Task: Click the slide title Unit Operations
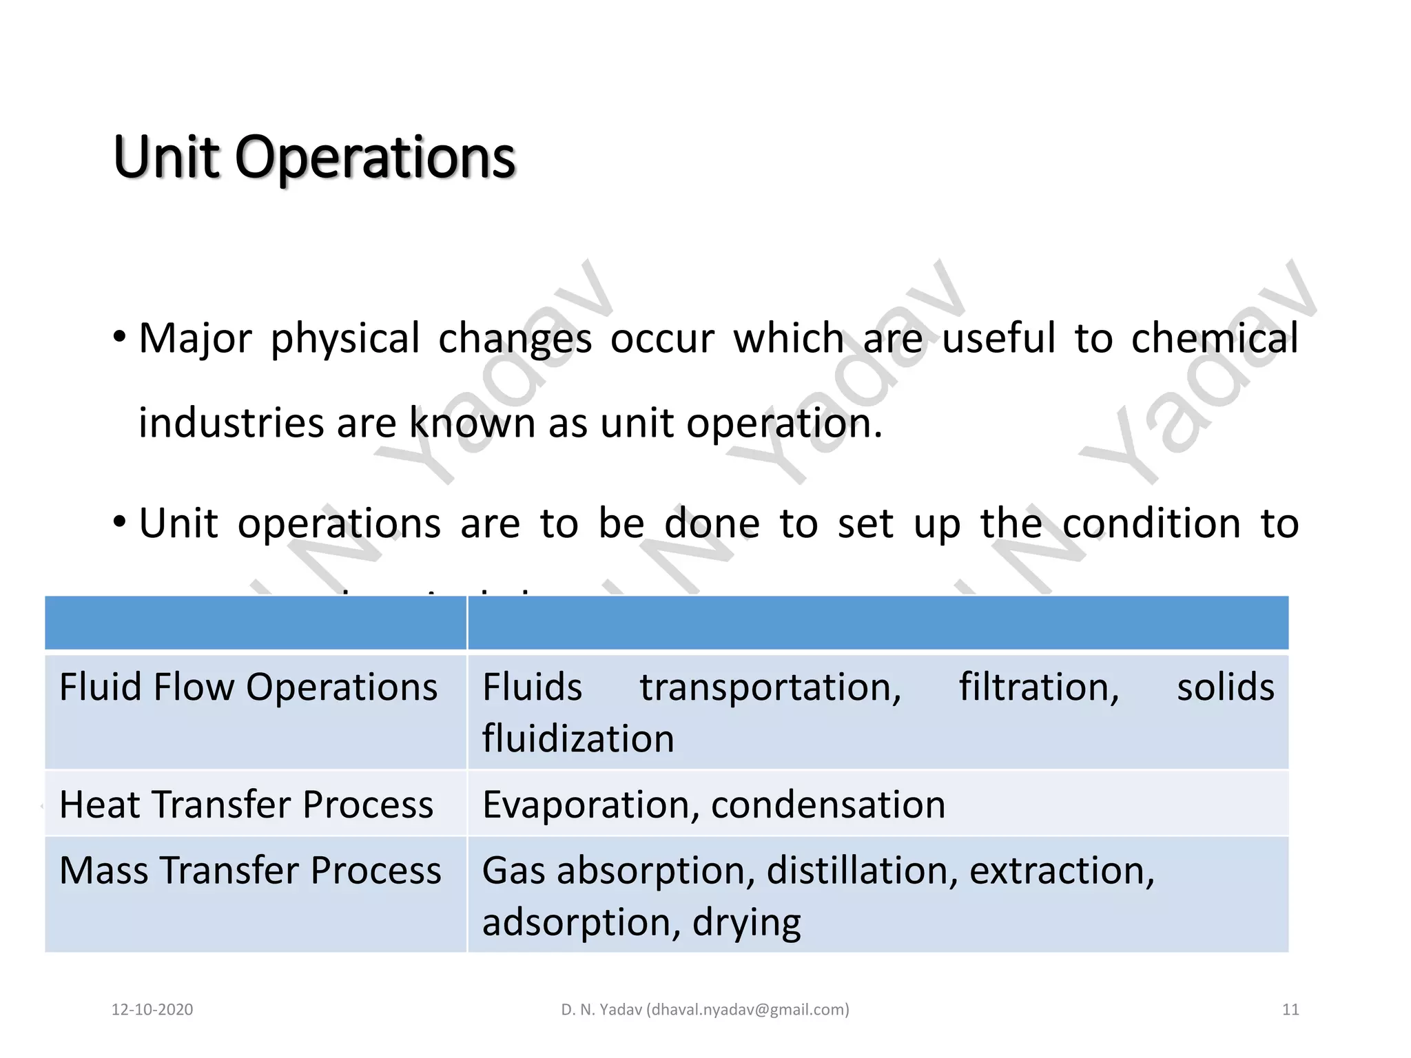coord(314,157)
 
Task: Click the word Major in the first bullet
coord(196,339)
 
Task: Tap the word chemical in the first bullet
coord(1214,339)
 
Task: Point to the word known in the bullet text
coord(472,423)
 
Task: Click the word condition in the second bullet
coord(1151,523)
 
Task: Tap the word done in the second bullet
coord(712,523)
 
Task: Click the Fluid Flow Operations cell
coord(248,687)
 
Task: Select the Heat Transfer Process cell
coord(246,805)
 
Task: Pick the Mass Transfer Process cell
coord(250,871)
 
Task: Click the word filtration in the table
coord(1039,687)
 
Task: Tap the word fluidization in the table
coord(578,739)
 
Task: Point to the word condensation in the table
coord(828,805)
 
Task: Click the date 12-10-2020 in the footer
coord(152,1010)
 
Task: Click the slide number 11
coord(1290,1010)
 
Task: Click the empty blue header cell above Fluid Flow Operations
coord(256,623)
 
